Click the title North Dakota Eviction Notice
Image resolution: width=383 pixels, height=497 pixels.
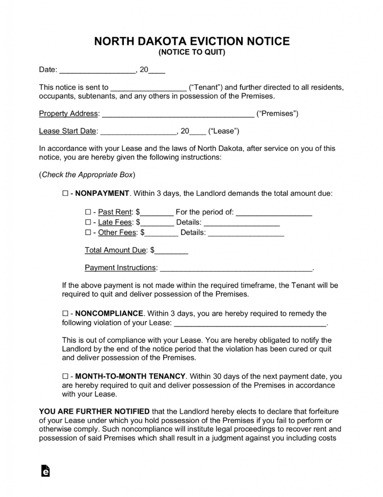click(x=191, y=41)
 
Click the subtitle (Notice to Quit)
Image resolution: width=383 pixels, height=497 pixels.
click(x=191, y=53)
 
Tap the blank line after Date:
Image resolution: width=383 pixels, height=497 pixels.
click(x=97, y=70)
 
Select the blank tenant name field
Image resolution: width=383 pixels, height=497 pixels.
click(x=149, y=88)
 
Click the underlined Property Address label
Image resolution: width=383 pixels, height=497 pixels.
click(x=68, y=114)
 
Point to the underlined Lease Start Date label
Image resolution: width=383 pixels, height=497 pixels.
click(x=68, y=131)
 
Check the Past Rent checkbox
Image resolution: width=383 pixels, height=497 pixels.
click(x=88, y=212)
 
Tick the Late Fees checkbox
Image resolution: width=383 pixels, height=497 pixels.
click(x=88, y=222)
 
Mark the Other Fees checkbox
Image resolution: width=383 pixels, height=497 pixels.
click(x=88, y=233)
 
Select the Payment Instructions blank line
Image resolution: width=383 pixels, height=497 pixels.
click(x=236, y=269)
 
